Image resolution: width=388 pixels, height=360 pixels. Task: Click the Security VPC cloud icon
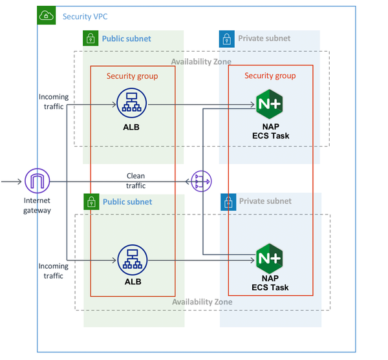47,15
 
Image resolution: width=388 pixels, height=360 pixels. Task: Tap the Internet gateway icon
37,182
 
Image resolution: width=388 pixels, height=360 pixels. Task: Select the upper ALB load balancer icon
130,101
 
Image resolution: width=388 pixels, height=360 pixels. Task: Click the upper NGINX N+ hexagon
269,102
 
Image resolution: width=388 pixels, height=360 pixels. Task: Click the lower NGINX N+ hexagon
270,259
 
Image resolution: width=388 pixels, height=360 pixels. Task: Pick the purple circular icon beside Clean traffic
200,182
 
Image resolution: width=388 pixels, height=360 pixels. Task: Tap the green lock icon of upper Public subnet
91,38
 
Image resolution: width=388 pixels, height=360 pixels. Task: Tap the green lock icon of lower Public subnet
91,202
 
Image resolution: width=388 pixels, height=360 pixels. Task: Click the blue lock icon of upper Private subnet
227,38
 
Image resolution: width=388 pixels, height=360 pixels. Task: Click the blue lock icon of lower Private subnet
228,202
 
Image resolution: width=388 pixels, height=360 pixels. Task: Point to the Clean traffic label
136,181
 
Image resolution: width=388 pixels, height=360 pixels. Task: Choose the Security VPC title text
86,15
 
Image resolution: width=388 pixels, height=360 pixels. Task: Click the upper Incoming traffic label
53,102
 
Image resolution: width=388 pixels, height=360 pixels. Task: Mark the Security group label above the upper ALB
132,76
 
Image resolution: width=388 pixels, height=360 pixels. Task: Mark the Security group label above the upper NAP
270,76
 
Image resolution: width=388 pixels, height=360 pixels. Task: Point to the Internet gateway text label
37,206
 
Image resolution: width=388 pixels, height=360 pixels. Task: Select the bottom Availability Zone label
202,302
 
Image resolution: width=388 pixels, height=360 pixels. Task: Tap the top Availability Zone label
201,61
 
